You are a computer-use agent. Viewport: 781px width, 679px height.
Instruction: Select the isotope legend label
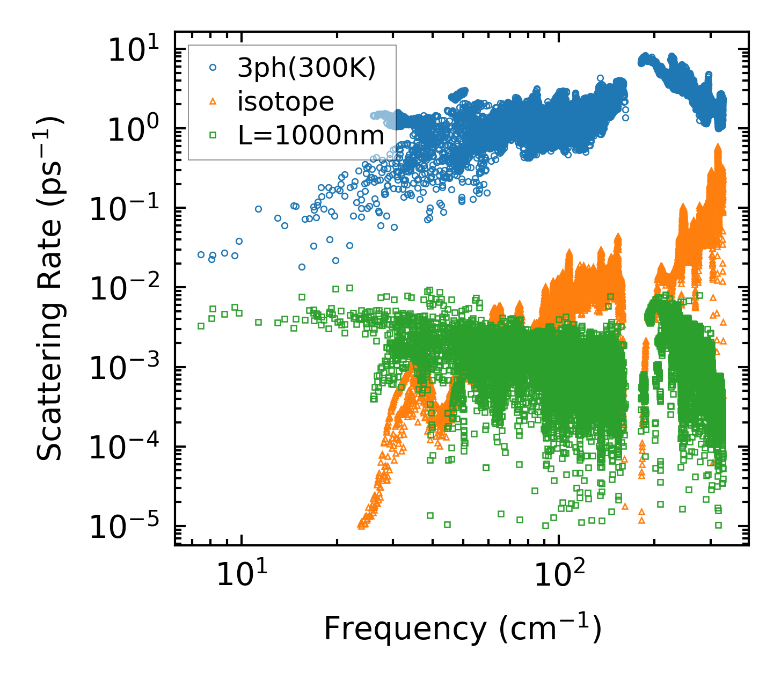tap(286, 102)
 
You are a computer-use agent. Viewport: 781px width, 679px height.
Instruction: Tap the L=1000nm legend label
tap(311, 136)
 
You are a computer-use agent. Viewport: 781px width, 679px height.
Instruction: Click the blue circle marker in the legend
tap(213, 68)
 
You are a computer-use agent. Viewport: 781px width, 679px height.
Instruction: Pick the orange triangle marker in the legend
tap(213, 101)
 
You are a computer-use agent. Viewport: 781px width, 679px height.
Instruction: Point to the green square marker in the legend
tap(213, 136)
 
